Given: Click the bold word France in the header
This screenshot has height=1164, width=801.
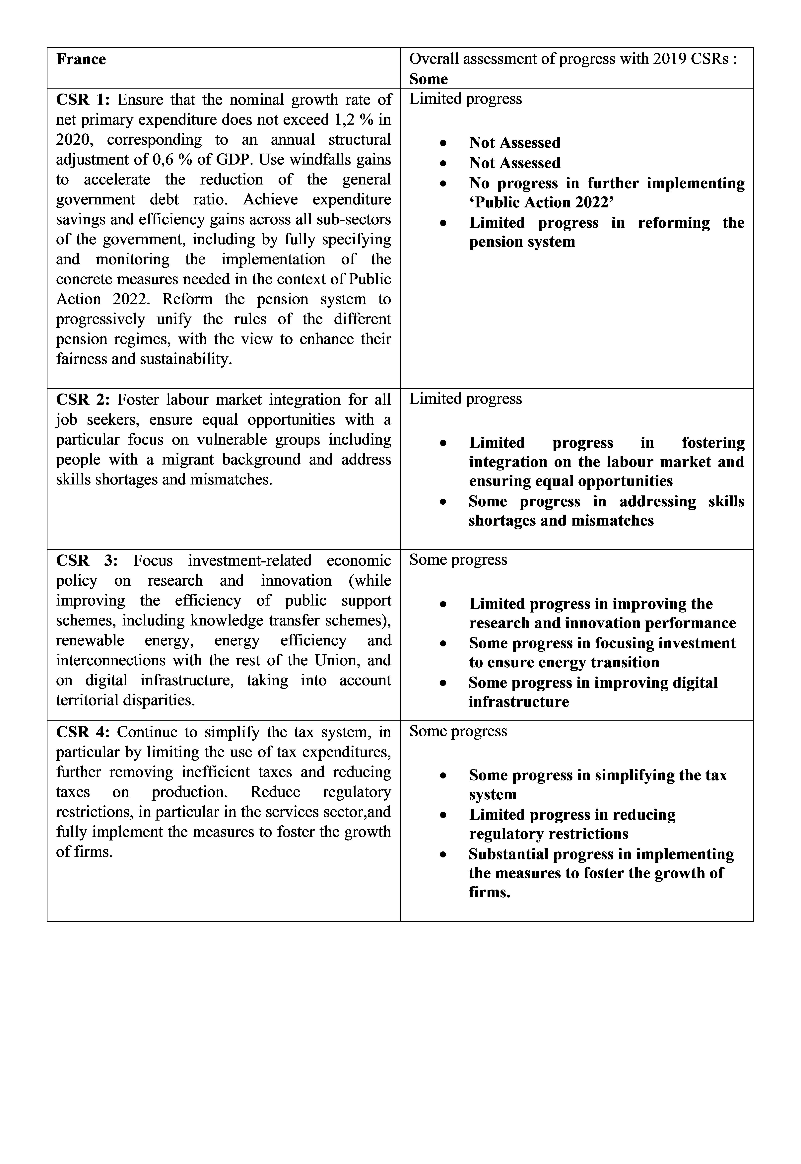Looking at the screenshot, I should [81, 59].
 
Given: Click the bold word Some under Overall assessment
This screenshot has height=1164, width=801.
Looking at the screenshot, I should [428, 79].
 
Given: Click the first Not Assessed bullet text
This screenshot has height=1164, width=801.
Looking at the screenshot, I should [514, 143].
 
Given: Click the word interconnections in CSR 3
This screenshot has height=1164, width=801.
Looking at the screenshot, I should [110, 660].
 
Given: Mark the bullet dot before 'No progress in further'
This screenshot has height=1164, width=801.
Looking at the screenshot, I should [443, 184].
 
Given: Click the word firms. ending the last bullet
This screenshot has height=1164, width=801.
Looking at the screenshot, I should [489, 892].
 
